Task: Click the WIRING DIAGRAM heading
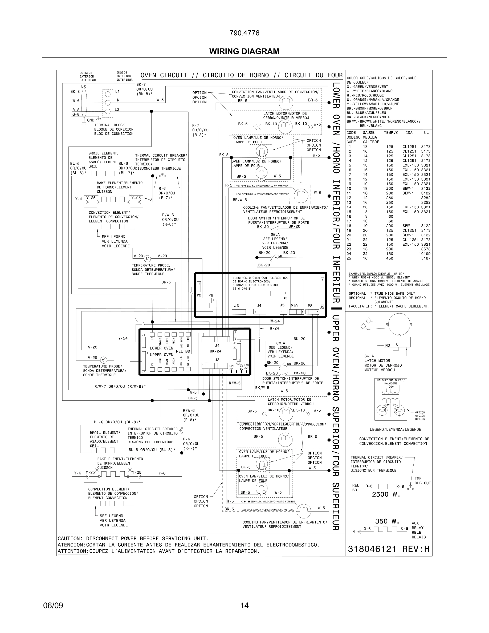pyautogui.click(x=244, y=51)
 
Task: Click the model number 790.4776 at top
pyautogui.click(x=244, y=33)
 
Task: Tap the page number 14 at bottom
pyautogui.click(x=244, y=605)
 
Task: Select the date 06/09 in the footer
pyautogui.click(x=53, y=605)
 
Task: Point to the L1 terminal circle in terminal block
pyautogui.click(x=108, y=94)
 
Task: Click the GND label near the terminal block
pyautogui.click(x=91, y=120)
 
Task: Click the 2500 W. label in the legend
pyautogui.click(x=386, y=494)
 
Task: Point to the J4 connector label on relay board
pyautogui.click(x=217, y=346)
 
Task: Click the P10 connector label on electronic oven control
pyautogui.click(x=294, y=306)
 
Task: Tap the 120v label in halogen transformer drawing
pyautogui.click(x=390, y=387)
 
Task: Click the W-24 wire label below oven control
pyautogui.click(x=275, y=321)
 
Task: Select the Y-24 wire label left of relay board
pyautogui.click(x=123, y=338)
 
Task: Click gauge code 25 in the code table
pyautogui.click(x=349, y=258)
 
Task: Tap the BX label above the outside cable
pyautogui.click(x=83, y=86)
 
